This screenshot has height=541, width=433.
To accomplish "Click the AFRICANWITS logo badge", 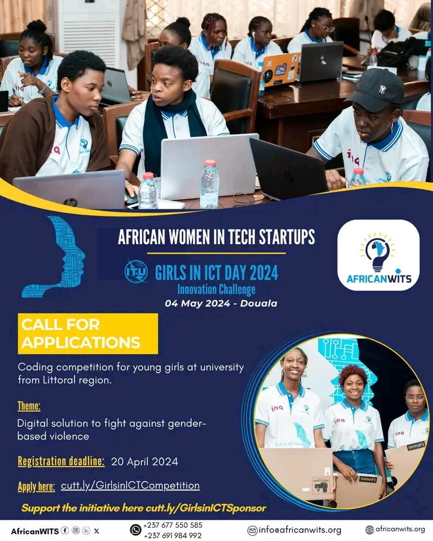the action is click(x=378, y=255).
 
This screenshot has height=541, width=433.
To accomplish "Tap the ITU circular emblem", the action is click(x=136, y=271).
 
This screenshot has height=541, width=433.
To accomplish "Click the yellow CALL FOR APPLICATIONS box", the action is click(x=88, y=334).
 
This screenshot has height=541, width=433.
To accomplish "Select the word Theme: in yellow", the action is click(x=29, y=406).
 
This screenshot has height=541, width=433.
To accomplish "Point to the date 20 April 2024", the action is click(x=144, y=462).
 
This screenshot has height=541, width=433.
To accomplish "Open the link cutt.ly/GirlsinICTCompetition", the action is click(x=130, y=486).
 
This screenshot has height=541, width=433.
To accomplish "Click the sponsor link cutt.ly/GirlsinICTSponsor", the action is click(x=206, y=508).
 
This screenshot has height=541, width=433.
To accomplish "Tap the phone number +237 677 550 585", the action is click(x=173, y=525).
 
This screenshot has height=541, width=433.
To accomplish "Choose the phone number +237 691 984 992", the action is click(x=173, y=536).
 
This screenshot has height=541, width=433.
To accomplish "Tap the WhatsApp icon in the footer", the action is click(x=135, y=530).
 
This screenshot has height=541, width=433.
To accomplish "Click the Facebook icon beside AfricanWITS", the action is click(x=65, y=531).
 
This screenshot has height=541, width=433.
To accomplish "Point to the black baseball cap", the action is click(x=376, y=90).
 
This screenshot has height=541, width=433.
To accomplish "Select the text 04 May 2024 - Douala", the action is click(x=221, y=304).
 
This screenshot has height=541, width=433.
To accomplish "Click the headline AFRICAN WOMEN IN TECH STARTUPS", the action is click(x=216, y=237).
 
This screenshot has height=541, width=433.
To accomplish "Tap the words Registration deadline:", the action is click(x=61, y=461).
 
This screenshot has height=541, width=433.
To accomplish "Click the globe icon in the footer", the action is click(x=369, y=530).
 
